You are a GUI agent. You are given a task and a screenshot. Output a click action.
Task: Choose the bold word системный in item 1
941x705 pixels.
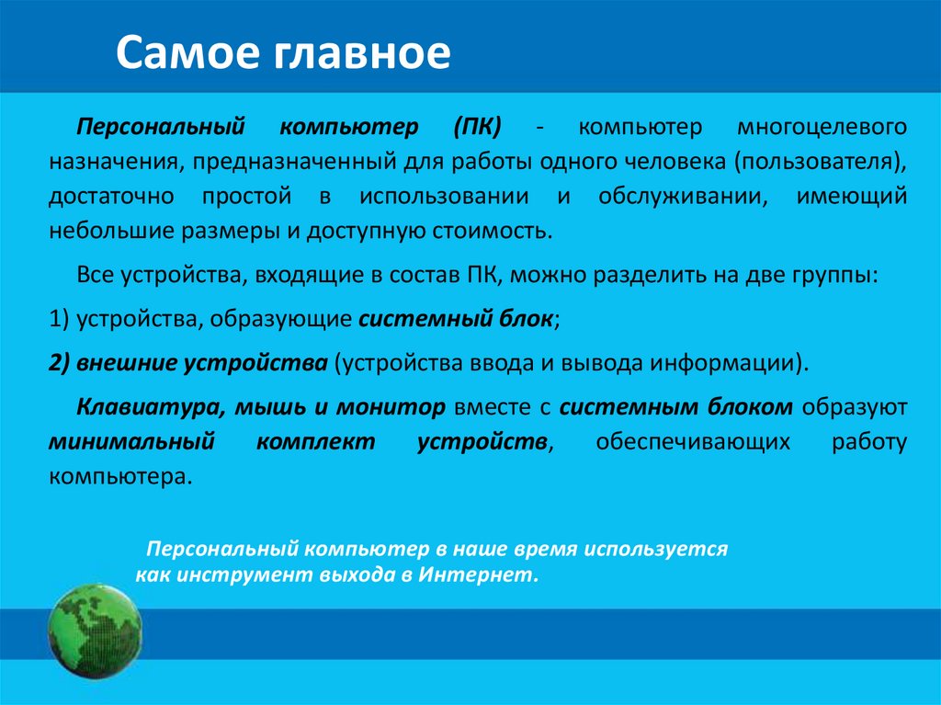(404, 318)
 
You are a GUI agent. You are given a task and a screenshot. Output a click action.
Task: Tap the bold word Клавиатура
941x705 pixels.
(142, 406)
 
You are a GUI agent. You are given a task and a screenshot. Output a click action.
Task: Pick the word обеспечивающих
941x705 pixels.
(693, 441)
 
